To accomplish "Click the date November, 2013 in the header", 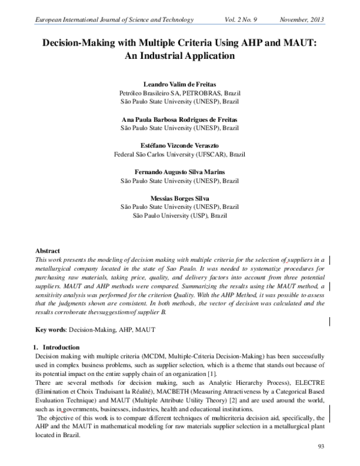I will coord(302,20).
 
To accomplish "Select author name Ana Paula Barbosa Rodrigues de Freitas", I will coord(180,120).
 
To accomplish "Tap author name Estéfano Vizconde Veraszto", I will coord(180,145).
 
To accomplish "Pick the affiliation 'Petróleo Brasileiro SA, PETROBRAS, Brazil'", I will coord(180,94).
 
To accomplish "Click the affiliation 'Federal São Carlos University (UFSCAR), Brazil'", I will coord(180,154).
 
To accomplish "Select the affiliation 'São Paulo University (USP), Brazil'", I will coord(180,215).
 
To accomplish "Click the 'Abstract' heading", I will coord(48,251).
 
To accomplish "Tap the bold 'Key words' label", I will coord(51,330).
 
